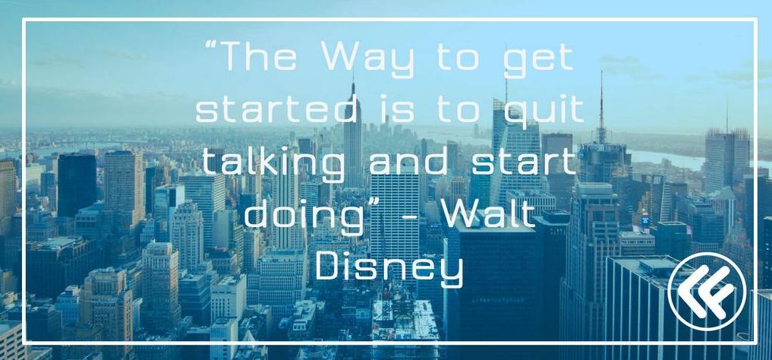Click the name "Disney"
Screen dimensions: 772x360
[389, 270]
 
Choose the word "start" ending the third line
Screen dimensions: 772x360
[524, 163]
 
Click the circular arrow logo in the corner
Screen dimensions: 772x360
[707, 292]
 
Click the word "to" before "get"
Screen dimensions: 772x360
[458, 58]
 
